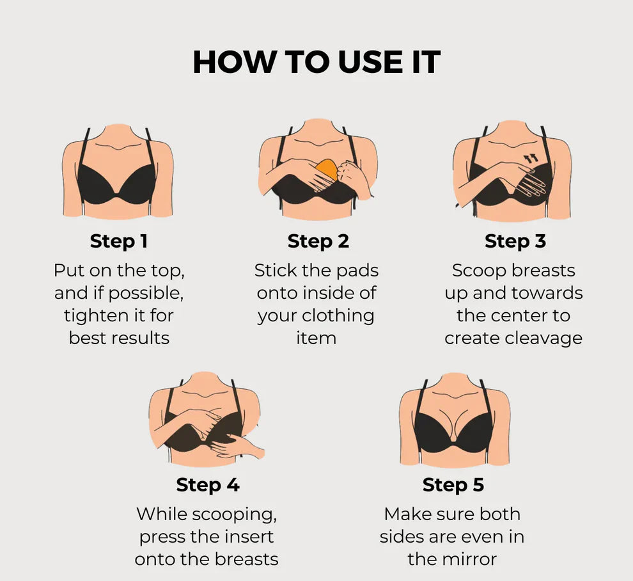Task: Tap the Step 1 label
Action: pos(119,241)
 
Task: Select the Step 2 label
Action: pos(318,241)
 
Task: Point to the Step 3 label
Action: pos(515,241)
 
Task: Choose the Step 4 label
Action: pos(208,485)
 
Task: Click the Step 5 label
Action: pos(453,485)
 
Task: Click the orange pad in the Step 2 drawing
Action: pos(327,171)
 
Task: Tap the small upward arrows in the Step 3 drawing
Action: pos(531,157)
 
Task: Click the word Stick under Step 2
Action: pos(275,270)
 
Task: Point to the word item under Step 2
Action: pos(316,338)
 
